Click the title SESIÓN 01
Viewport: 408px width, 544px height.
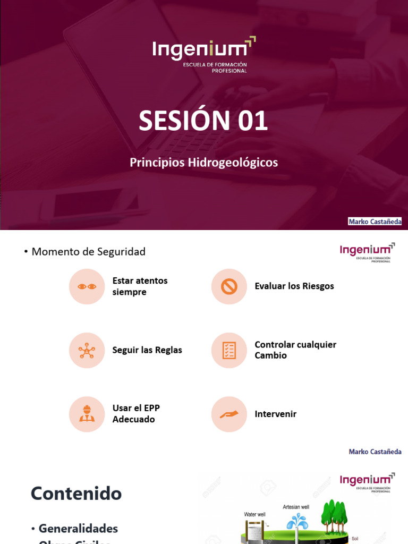(x=203, y=121)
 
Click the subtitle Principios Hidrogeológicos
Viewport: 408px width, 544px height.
(x=203, y=163)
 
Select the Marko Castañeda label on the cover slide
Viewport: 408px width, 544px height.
(x=375, y=222)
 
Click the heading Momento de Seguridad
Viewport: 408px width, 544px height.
(x=88, y=252)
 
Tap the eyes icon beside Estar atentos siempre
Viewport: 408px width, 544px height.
(x=87, y=286)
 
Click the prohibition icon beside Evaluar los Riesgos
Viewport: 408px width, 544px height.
(x=229, y=286)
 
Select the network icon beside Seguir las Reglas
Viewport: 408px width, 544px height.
(x=87, y=350)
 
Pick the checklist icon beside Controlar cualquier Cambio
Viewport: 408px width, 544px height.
(x=229, y=350)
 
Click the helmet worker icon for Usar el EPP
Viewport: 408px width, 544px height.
(x=87, y=414)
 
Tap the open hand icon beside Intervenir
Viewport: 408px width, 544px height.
(x=229, y=414)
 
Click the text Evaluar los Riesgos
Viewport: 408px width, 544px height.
(x=294, y=286)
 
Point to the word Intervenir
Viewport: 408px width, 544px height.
(x=276, y=414)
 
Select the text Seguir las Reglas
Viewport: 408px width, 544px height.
(x=147, y=350)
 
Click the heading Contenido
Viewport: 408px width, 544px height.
(x=76, y=494)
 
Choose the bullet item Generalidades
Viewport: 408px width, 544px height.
(x=78, y=529)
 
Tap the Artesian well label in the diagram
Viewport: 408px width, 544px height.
(x=296, y=507)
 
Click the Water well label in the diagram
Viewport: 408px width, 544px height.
(x=254, y=514)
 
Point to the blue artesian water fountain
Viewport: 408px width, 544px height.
(x=296, y=521)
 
